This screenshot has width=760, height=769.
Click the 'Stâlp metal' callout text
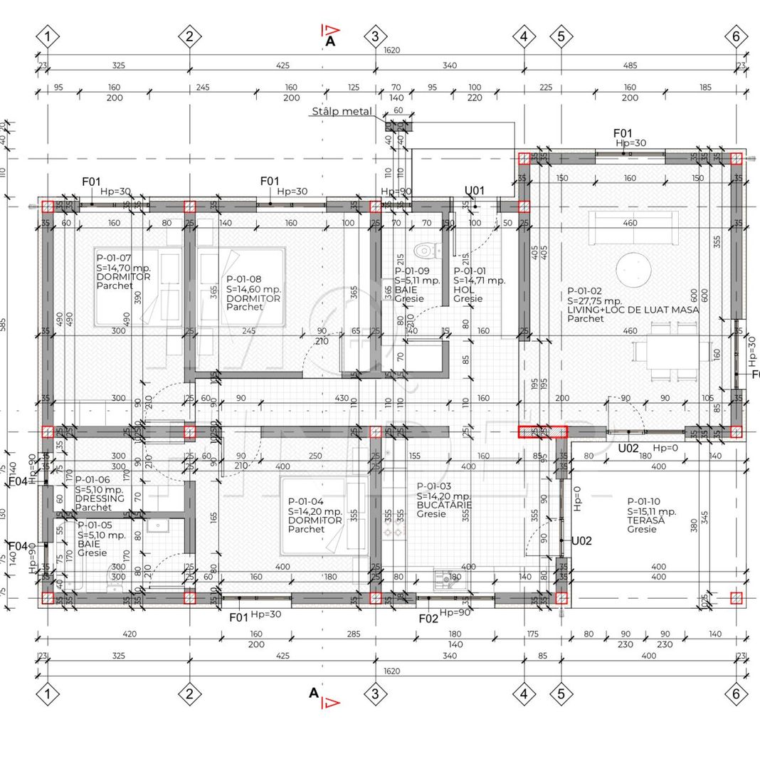[341, 112]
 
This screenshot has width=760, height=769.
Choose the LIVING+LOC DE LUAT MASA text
[633, 310]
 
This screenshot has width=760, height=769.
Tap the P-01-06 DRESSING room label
[100, 493]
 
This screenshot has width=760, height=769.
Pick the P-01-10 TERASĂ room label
[651, 516]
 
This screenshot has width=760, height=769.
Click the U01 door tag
[475, 190]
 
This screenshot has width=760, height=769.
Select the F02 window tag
[428, 619]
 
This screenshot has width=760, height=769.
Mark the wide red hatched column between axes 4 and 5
[542, 432]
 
